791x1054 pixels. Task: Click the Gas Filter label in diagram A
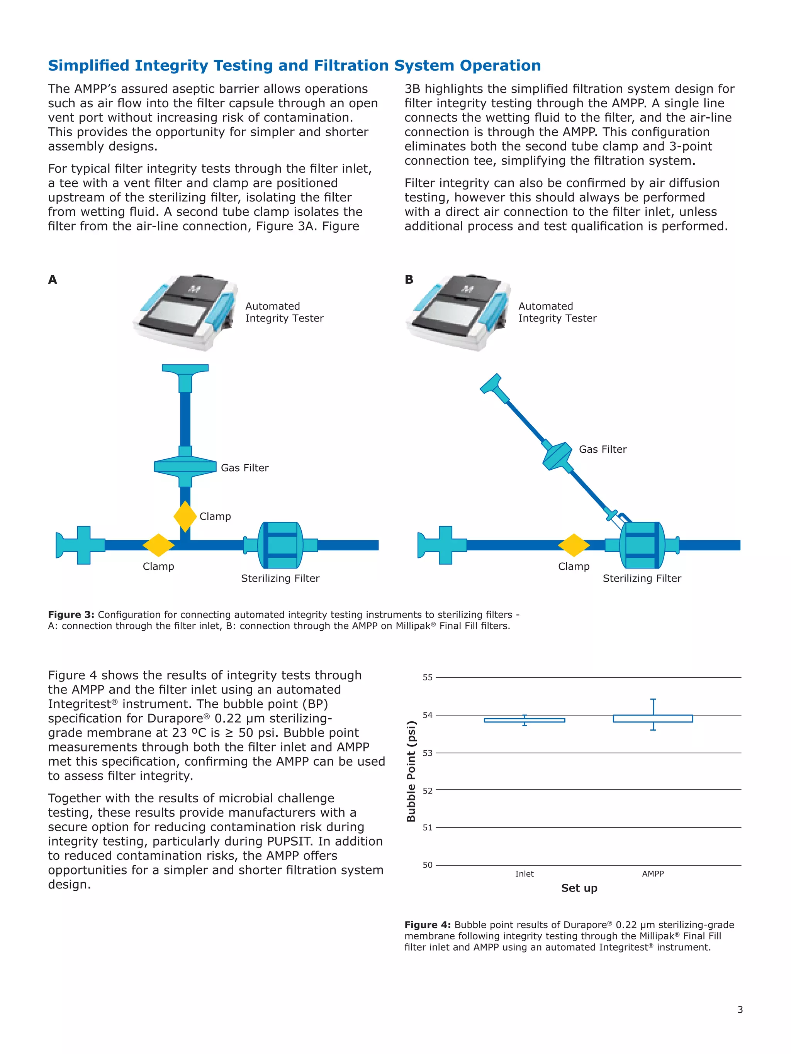244,468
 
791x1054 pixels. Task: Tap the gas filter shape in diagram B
557,456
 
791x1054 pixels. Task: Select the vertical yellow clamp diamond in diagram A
185,516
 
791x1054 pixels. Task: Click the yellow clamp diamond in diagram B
574,545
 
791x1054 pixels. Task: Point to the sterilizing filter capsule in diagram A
280,545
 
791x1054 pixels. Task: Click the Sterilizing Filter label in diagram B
642,579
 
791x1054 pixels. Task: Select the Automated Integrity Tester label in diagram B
557,312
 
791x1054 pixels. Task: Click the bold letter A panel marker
53,280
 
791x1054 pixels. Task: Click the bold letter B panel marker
409,280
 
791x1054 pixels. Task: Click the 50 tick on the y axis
428,865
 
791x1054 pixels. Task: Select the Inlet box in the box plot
525,721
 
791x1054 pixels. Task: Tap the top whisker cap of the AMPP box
653,699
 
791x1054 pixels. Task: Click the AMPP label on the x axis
653,874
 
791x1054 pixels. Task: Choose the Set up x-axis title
579,888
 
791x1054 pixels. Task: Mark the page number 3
740,1010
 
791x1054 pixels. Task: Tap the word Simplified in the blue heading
89,65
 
